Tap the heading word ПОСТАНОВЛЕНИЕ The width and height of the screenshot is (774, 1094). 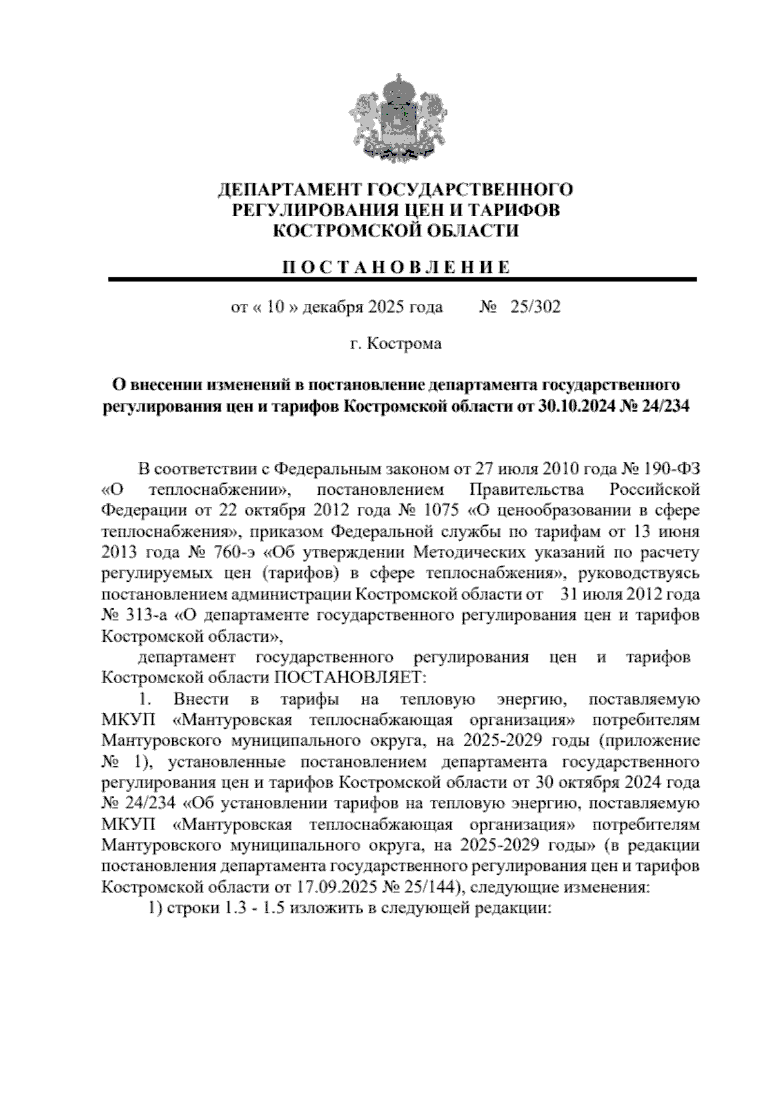tap(396, 267)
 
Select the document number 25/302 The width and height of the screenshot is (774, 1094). tap(535, 306)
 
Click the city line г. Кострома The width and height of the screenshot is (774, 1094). tap(396, 344)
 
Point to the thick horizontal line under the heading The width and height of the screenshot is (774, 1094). tap(402, 279)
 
